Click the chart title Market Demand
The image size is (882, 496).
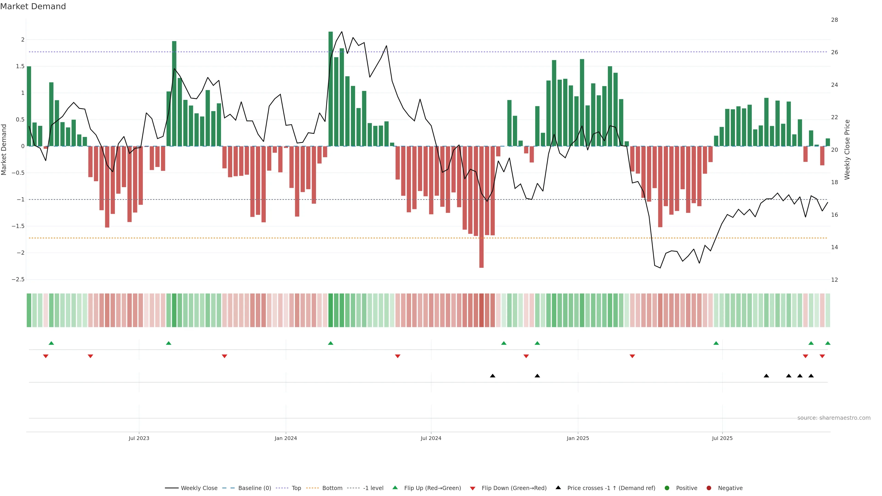pyautogui.click(x=33, y=6)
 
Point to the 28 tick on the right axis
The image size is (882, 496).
pyautogui.click(x=834, y=20)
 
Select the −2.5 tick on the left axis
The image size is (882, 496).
pyautogui.click(x=18, y=279)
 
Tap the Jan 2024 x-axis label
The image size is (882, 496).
pyautogui.click(x=286, y=438)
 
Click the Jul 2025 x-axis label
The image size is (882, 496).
pyautogui.click(x=722, y=438)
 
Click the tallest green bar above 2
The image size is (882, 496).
pyautogui.click(x=331, y=89)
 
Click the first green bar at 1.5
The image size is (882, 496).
pyautogui.click(x=29, y=106)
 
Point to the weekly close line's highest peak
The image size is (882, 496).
pyautogui.click(x=342, y=32)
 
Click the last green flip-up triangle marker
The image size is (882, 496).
pyautogui.click(x=828, y=343)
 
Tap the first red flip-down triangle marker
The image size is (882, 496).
pyautogui.click(x=45, y=356)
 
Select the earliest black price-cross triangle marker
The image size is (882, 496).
pyautogui.click(x=492, y=376)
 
